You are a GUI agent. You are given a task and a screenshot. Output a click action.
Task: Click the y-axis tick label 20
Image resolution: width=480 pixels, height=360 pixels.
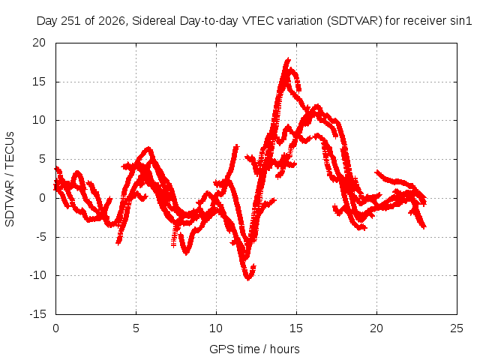pos(39,43)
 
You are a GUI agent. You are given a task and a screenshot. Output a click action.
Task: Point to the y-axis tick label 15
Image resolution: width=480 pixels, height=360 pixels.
pos(39,82)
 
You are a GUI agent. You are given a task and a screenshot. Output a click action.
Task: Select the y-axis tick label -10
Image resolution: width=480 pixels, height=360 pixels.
pos(37,275)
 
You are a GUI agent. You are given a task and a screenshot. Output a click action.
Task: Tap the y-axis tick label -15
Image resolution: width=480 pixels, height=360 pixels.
pos(37,314)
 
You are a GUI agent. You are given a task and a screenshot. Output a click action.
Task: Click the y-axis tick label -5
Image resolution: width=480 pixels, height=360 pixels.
pos(40,237)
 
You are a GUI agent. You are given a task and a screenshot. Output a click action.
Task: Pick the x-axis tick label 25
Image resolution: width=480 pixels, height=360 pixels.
pos(457,328)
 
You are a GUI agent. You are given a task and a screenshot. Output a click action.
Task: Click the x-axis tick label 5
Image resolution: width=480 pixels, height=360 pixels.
pos(136,328)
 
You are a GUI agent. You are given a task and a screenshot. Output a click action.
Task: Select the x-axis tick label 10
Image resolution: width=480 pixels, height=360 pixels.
pos(216,328)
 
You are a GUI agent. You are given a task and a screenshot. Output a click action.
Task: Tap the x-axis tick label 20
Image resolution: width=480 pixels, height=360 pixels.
pos(376,328)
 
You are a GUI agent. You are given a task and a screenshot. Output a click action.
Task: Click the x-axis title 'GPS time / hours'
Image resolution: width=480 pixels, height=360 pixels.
pos(254,349)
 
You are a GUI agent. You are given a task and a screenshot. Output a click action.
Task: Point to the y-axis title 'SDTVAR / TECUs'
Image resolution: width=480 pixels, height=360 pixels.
pos(10,179)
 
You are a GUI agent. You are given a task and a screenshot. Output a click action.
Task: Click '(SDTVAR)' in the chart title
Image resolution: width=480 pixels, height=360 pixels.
pos(355,21)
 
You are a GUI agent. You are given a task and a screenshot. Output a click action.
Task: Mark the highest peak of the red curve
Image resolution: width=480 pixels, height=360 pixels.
pos(288,58)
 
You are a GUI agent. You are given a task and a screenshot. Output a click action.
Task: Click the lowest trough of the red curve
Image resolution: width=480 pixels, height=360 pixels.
pos(248,278)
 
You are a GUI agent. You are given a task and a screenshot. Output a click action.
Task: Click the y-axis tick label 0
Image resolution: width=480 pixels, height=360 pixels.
pos(43,198)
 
